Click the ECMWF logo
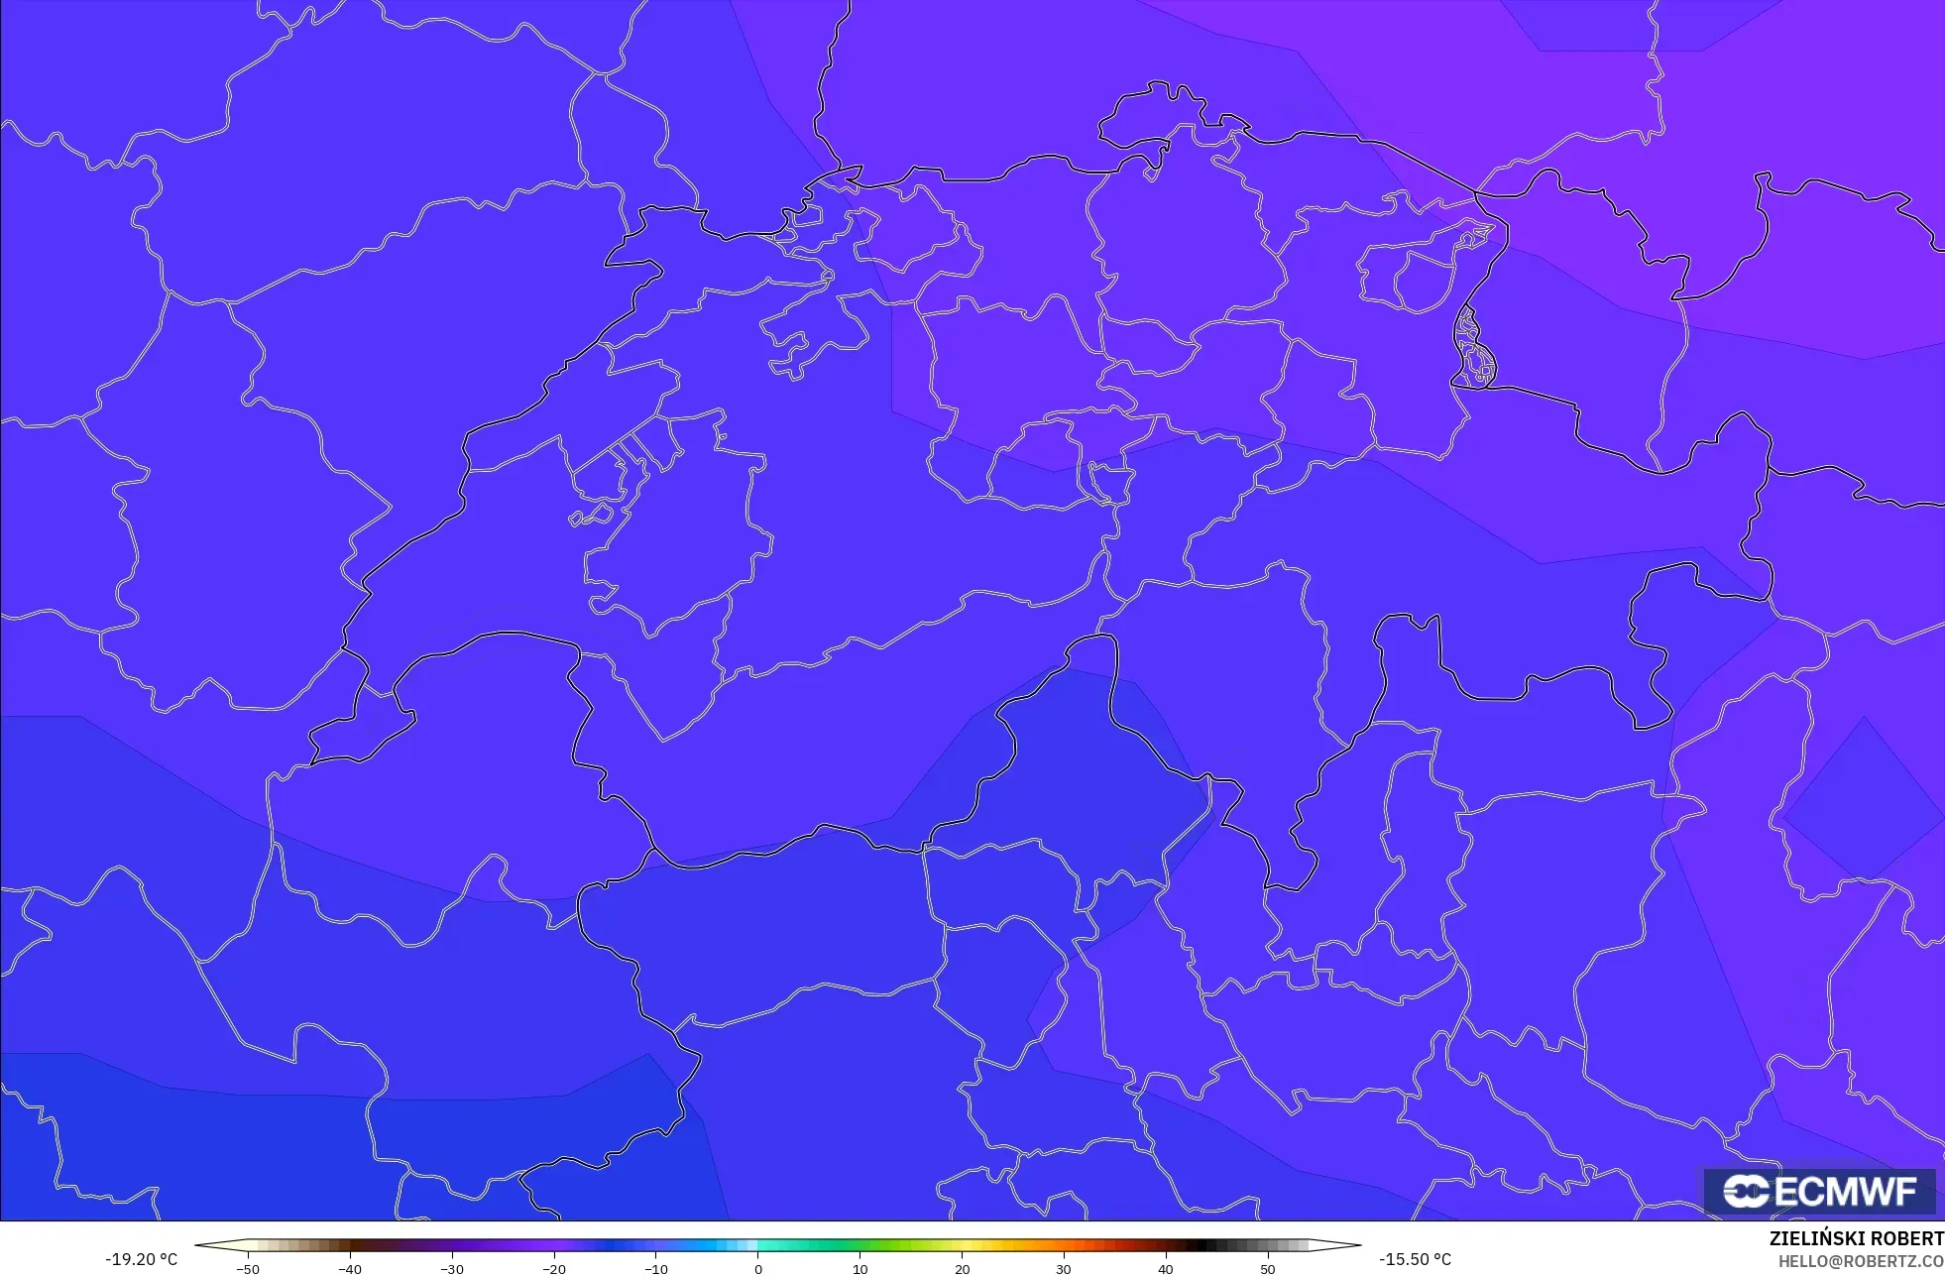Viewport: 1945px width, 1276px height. click(x=1820, y=1191)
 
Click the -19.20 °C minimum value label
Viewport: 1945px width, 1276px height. click(x=142, y=1259)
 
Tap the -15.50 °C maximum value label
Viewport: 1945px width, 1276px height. click(x=1415, y=1259)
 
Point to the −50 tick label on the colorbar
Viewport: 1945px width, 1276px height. click(x=248, y=1269)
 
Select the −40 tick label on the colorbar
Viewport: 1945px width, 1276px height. click(x=350, y=1269)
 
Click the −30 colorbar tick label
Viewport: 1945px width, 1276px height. click(x=452, y=1269)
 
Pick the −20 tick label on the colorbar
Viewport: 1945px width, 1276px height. click(x=554, y=1269)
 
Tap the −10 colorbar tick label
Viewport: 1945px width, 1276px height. click(x=656, y=1269)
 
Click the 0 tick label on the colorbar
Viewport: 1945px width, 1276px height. click(x=758, y=1269)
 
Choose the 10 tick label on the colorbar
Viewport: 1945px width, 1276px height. click(x=859, y=1269)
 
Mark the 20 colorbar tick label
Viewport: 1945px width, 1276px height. click(x=962, y=1269)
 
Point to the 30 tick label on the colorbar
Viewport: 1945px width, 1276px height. click(x=1064, y=1269)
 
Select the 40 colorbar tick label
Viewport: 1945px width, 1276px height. click(x=1166, y=1269)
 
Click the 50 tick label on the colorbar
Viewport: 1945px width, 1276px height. click(x=1268, y=1269)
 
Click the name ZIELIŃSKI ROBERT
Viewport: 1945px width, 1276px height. click(x=1856, y=1239)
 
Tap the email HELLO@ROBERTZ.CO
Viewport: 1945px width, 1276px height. click(x=1860, y=1262)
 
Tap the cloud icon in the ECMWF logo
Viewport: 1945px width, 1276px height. click(x=1746, y=1191)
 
